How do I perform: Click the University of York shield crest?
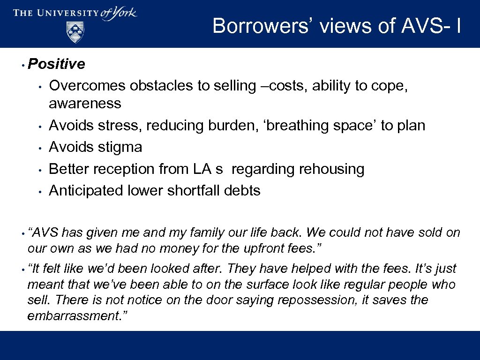tap(75, 32)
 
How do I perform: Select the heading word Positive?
tap(57, 64)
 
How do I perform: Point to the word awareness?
tap(85, 103)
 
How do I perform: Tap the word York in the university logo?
tap(125, 13)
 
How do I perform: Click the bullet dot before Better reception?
tap(41, 170)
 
